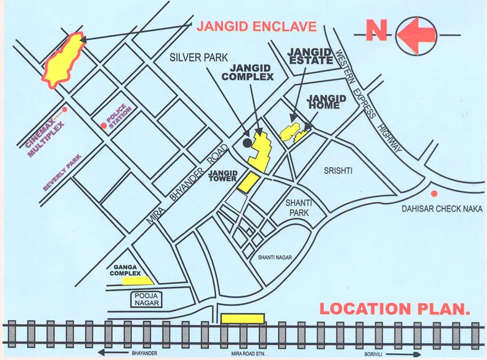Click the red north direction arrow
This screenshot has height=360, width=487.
point(416,36)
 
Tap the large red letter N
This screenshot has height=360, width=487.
point(376,31)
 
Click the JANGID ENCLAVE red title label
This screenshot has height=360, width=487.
point(257,27)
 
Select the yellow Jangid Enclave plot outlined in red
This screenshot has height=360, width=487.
point(63,60)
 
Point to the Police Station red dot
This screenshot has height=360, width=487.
point(104,125)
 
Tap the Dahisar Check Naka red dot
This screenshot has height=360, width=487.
point(434,193)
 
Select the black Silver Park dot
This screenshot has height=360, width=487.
point(247,143)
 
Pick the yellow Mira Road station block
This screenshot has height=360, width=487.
point(242,318)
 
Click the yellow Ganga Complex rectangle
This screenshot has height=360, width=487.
point(137,281)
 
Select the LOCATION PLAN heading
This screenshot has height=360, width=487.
point(394,308)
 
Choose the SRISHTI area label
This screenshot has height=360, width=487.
point(338,170)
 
